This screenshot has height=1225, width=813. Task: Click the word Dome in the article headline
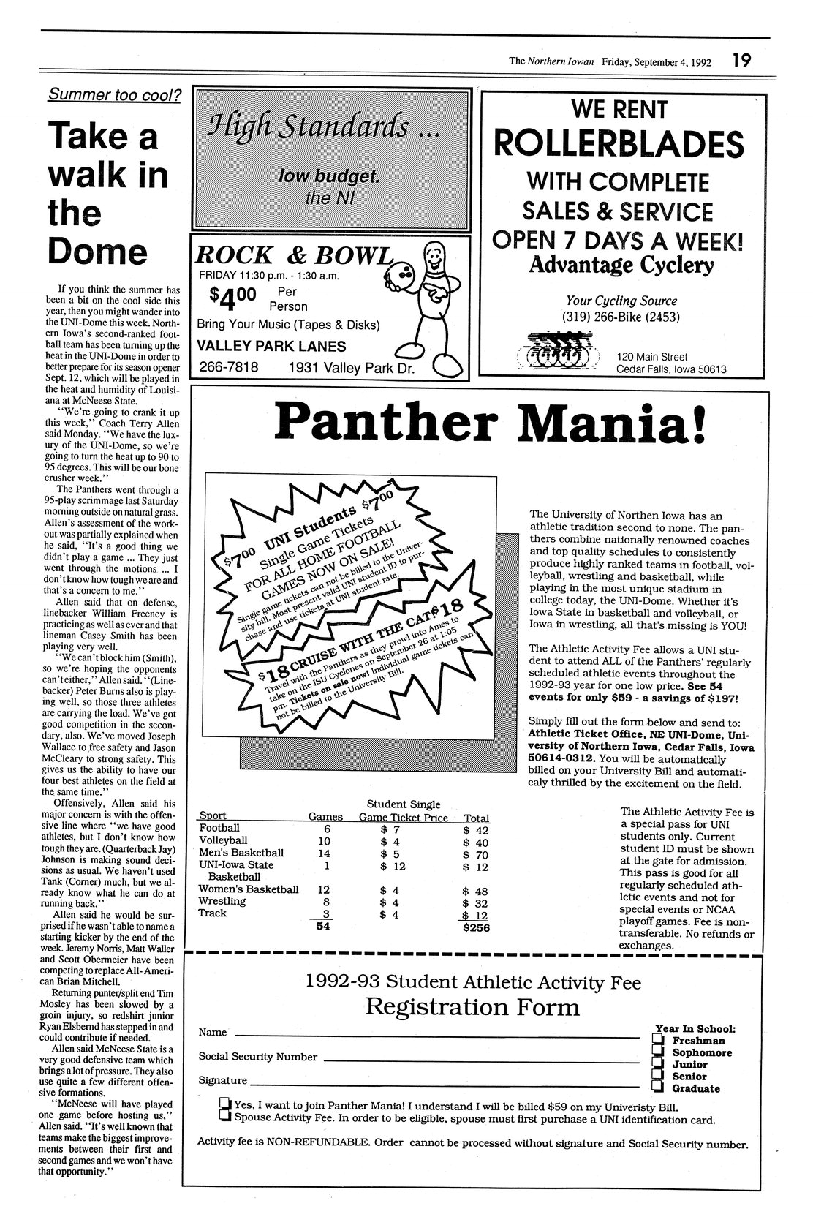(97, 251)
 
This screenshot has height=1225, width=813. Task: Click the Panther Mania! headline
(491, 424)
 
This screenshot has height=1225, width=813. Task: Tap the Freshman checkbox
(658, 1040)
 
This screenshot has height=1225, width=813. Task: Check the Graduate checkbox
(658, 1088)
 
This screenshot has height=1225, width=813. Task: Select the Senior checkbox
(658, 1076)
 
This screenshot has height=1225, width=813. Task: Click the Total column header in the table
(476, 818)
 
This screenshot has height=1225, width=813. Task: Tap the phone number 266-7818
(229, 367)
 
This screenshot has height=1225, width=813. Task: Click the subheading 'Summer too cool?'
(115, 94)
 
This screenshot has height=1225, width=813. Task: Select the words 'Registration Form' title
(472, 1008)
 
